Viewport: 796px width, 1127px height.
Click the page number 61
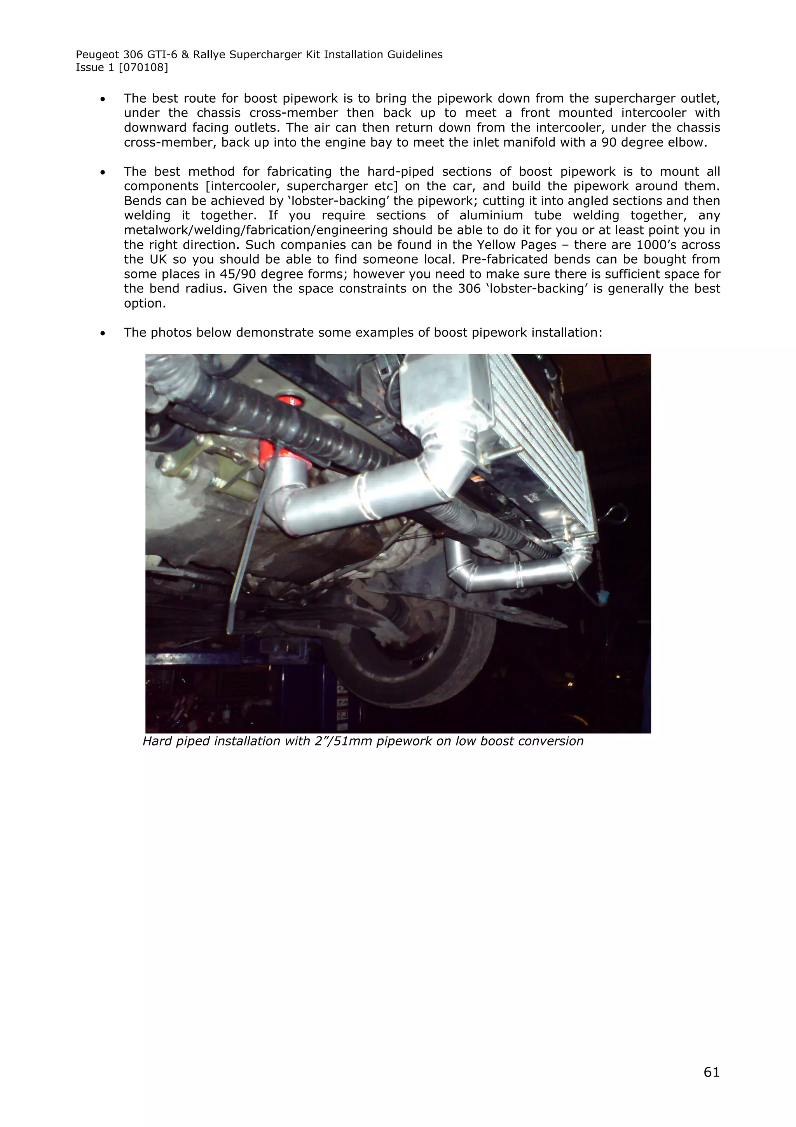(x=711, y=1072)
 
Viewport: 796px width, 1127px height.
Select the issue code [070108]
(x=143, y=68)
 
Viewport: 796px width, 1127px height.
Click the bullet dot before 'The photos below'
(x=103, y=333)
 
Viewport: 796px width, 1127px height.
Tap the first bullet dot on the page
(x=103, y=99)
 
